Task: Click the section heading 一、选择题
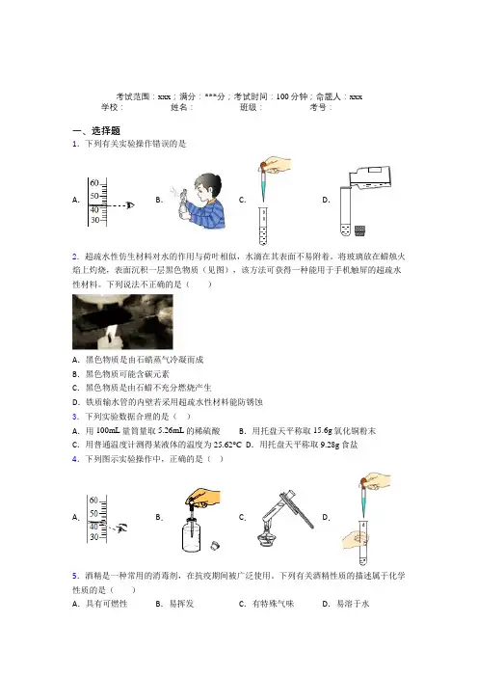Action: tap(96, 130)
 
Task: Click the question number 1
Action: tap(75, 145)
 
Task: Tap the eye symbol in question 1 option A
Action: tap(130, 205)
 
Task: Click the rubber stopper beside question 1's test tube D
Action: tap(359, 231)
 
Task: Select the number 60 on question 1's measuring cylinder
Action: tap(94, 183)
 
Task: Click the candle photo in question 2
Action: tap(122, 322)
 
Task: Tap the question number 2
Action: tap(75, 257)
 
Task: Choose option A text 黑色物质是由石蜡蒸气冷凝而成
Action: tap(145, 360)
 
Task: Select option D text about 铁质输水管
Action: tap(173, 402)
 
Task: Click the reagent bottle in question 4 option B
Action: tap(191, 534)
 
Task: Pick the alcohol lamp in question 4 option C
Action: tap(266, 534)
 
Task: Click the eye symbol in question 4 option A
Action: tap(122, 528)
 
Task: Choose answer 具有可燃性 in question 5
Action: tap(107, 604)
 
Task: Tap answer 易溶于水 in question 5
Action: tap(353, 604)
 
